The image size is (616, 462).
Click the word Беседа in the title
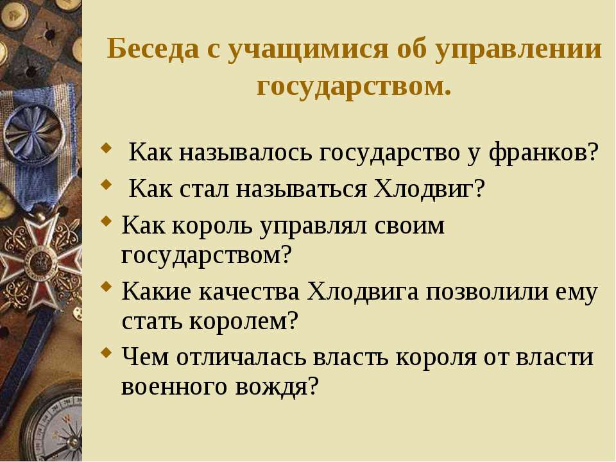pyautogui.click(x=153, y=49)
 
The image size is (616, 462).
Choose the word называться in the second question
pyautogui.click(x=301, y=189)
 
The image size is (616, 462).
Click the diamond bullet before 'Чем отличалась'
pyautogui.click(x=106, y=352)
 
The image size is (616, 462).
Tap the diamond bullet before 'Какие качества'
pyautogui.click(x=106, y=286)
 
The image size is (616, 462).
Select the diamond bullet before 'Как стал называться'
pyautogui.click(x=106, y=184)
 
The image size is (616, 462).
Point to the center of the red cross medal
pyautogui.click(x=38, y=261)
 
